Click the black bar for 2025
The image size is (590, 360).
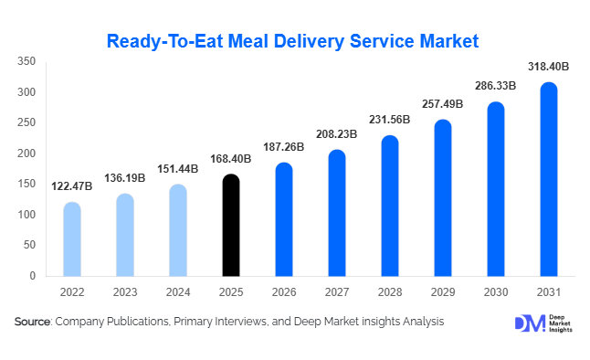[231, 225]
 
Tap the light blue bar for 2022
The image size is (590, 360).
[72, 238]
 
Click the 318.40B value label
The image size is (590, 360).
[549, 67]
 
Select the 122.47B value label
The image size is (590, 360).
[72, 186]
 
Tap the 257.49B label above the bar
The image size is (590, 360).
[443, 104]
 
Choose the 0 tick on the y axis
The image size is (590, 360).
[32, 276]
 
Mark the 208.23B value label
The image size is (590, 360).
[337, 134]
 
